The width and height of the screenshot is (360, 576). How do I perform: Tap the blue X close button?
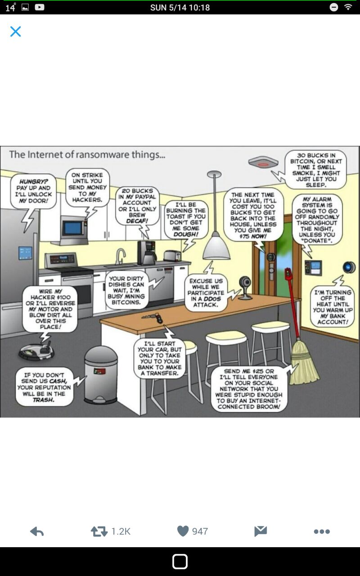[15, 31]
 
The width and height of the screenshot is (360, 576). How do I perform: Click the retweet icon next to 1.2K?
[99, 531]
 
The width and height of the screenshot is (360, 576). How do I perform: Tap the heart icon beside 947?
[183, 531]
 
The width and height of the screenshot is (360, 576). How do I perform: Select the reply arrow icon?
[37, 531]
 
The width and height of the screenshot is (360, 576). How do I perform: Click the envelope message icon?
[261, 531]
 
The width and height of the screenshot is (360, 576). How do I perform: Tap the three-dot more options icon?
[322, 531]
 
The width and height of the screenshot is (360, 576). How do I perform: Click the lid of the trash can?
[101, 355]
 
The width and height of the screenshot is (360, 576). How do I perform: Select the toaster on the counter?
[172, 256]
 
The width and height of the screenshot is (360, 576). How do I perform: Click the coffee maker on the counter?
[147, 253]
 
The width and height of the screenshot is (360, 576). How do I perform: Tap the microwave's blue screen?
[73, 228]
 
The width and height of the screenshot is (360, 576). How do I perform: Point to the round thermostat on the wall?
[349, 267]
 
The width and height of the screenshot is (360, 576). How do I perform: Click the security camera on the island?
[245, 288]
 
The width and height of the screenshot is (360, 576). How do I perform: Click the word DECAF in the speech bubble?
[137, 221]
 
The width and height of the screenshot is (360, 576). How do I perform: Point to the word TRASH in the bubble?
[44, 400]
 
